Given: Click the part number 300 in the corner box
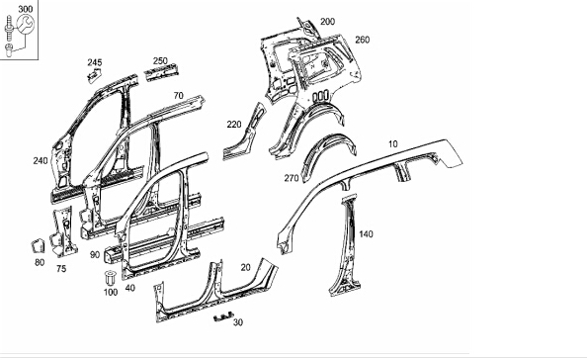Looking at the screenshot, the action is pyautogui.click(x=26, y=9).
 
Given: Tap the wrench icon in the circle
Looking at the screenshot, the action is pyautogui.click(x=25, y=24).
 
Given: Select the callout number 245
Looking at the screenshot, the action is pyautogui.click(x=95, y=62).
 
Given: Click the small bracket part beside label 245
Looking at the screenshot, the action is pyautogui.click(x=95, y=76).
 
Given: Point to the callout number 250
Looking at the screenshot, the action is pyautogui.click(x=160, y=60).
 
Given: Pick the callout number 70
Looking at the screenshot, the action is pyautogui.click(x=179, y=96).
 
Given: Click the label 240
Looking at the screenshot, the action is pyautogui.click(x=41, y=160).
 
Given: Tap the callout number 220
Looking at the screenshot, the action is pyautogui.click(x=234, y=125).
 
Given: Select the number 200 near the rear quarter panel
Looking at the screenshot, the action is pyautogui.click(x=327, y=22).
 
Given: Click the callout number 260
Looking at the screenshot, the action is pyautogui.click(x=362, y=40).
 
